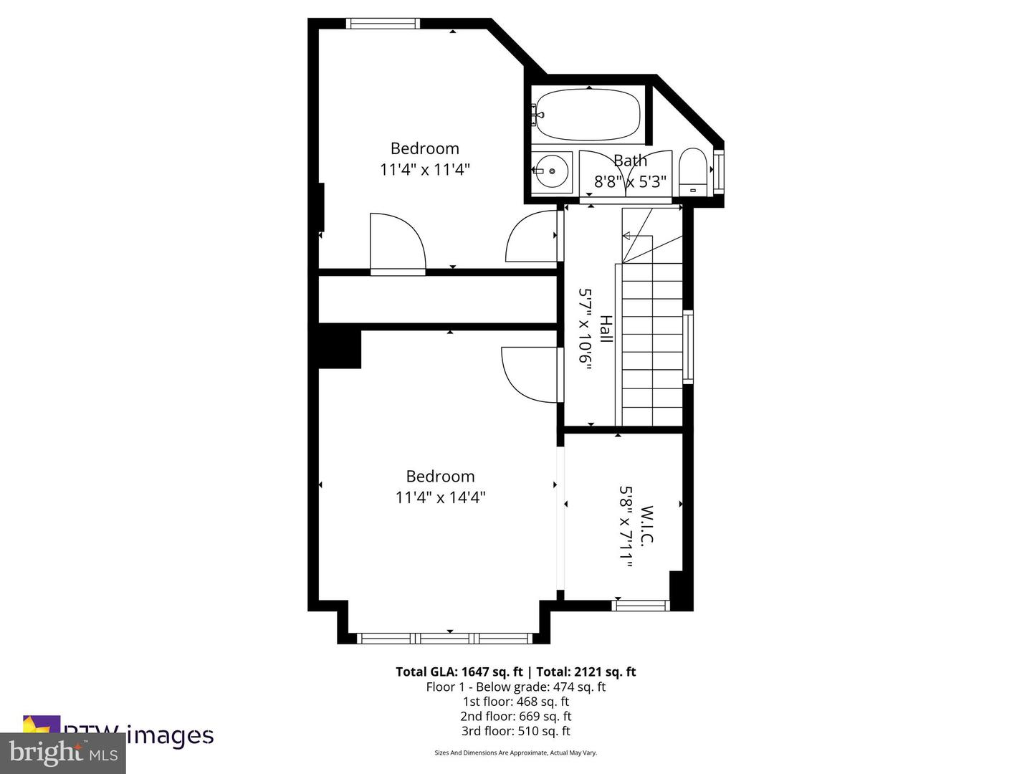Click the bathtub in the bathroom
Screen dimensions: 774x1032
coord(588,115)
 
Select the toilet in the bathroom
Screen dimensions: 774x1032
coord(692,172)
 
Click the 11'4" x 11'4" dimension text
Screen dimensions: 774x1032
coord(425,170)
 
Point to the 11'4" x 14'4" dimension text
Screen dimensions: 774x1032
coord(440,497)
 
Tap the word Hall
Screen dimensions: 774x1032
coord(606,329)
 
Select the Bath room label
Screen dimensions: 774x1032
coord(630,161)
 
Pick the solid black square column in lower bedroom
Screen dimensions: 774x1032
coord(339,346)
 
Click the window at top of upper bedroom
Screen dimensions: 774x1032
coord(383,24)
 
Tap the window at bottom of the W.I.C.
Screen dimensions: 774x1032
coord(641,606)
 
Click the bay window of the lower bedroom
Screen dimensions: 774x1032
coord(444,638)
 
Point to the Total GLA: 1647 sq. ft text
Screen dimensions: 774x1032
coord(459,672)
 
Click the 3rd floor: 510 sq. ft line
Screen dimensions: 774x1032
coord(516,731)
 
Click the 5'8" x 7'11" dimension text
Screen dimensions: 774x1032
coord(626,527)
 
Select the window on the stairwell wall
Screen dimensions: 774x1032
coord(688,347)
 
